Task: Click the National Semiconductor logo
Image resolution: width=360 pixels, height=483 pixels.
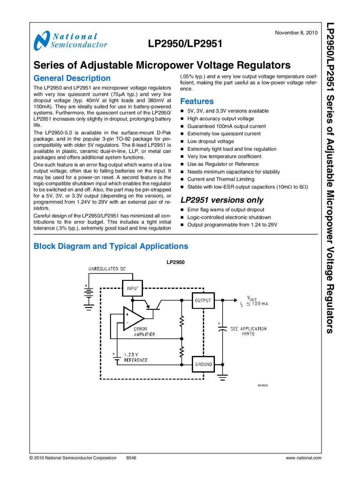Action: click(x=70, y=40)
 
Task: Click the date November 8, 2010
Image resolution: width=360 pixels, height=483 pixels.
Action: click(x=296, y=33)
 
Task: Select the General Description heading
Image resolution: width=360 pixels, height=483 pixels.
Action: click(x=72, y=78)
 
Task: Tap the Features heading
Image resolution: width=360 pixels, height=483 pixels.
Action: click(x=197, y=101)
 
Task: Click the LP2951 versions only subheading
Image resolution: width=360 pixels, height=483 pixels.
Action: click(x=222, y=200)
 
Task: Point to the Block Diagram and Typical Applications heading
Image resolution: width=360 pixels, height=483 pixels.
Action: click(x=110, y=246)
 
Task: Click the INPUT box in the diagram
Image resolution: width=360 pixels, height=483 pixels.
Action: click(x=132, y=288)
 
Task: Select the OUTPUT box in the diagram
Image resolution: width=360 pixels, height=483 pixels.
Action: click(x=203, y=301)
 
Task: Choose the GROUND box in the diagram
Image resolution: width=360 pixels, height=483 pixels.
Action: click(x=203, y=364)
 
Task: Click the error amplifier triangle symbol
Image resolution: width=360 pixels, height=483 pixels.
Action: click(x=132, y=318)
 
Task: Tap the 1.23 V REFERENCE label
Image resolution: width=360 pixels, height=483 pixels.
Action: click(x=135, y=357)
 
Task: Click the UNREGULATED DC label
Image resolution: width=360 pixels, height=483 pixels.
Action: click(x=107, y=269)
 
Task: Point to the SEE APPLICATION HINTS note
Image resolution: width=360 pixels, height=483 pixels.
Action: click(x=248, y=331)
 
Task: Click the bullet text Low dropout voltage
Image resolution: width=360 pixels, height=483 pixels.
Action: click(x=211, y=141)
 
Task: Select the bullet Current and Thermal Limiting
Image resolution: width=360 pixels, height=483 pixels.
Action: click(x=221, y=179)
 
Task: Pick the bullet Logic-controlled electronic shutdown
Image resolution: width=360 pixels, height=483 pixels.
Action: click(x=229, y=217)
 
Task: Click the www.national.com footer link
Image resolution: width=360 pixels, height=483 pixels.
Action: click(x=303, y=458)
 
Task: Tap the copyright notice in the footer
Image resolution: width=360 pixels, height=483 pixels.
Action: click(x=73, y=458)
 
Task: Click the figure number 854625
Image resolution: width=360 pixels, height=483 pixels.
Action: click(x=263, y=385)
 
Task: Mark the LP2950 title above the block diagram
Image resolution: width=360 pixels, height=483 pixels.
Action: click(x=176, y=262)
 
